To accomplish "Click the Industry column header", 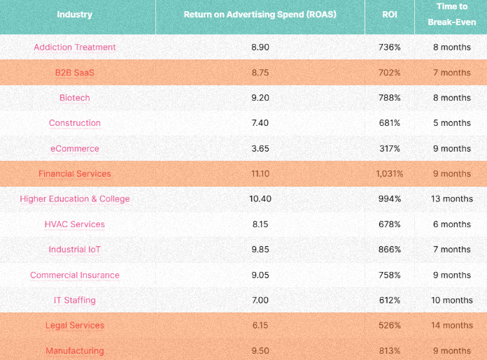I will (74, 15).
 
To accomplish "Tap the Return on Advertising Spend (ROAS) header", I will (260, 15).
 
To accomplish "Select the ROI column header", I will (389, 15).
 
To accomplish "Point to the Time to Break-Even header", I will (451, 15).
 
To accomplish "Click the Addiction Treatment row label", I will (75, 48).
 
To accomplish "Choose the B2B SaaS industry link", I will (75, 73).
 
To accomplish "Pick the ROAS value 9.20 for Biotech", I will (260, 98).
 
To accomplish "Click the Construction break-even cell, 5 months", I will (451, 123).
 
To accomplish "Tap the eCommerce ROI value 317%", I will (389, 148).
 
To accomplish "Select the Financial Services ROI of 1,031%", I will (389, 173).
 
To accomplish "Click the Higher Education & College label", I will (75, 199).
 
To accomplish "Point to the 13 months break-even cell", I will (451, 199).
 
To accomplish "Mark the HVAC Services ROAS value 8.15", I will (260, 224).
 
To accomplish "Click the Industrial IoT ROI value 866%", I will (389, 250).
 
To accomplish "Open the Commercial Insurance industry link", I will (75, 275).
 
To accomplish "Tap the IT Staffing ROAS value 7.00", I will (260, 300).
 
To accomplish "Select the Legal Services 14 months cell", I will (451, 325).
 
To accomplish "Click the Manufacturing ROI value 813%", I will (389, 350).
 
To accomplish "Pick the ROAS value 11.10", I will (260, 173).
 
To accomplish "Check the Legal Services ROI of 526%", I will (389, 325).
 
